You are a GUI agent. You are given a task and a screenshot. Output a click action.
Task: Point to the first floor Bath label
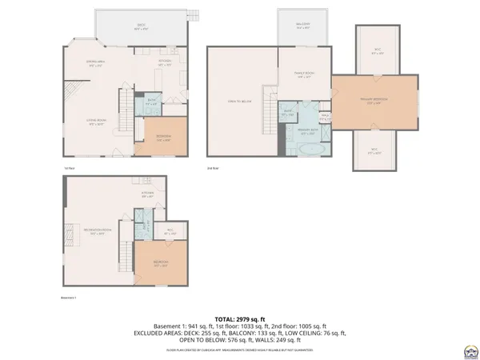click(x=152, y=102)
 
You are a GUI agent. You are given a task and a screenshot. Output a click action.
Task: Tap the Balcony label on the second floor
click(x=302, y=26)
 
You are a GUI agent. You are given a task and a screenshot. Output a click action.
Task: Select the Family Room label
click(x=305, y=76)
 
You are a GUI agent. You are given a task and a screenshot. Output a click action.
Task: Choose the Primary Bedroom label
click(x=374, y=101)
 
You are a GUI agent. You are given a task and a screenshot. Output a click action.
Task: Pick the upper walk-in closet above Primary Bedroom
click(x=378, y=51)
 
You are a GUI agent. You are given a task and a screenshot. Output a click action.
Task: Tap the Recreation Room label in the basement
click(x=98, y=232)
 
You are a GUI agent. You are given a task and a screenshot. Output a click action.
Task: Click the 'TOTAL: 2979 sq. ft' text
click(x=239, y=319)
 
